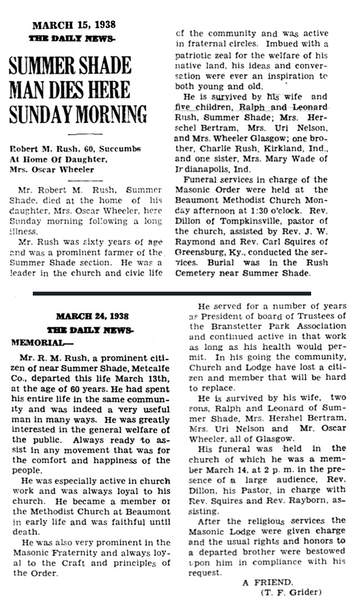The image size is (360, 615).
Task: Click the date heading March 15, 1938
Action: click(74, 25)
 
